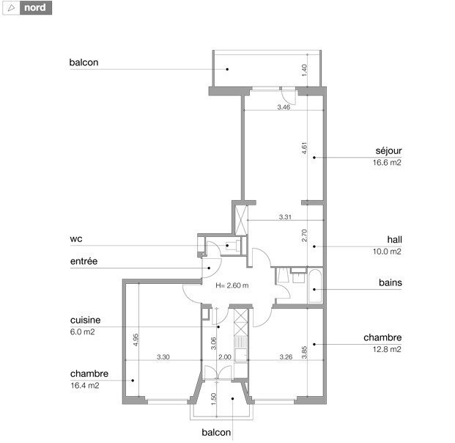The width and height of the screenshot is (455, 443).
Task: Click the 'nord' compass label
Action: pos(35,9)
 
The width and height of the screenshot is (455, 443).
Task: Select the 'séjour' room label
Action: pos(389,152)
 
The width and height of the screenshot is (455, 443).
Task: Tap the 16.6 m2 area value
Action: pos(387,163)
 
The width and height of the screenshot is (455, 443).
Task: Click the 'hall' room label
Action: pos(395,240)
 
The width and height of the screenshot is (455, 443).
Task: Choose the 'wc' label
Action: pos(75,239)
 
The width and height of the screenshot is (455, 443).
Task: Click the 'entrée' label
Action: pos(84,261)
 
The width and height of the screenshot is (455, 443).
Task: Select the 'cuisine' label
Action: pos(85,321)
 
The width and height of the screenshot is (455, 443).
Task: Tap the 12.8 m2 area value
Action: pos(387,349)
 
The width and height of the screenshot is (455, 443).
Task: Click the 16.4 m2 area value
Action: pos(84,385)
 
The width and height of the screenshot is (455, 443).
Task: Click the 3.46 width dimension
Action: pos(284,108)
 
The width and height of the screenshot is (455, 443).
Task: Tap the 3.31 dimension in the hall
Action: pos(286,217)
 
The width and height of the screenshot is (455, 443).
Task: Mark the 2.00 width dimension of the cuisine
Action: pos(225,357)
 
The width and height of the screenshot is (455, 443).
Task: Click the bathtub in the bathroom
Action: pos(314,284)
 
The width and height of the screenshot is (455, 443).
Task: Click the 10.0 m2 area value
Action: pos(387,252)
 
